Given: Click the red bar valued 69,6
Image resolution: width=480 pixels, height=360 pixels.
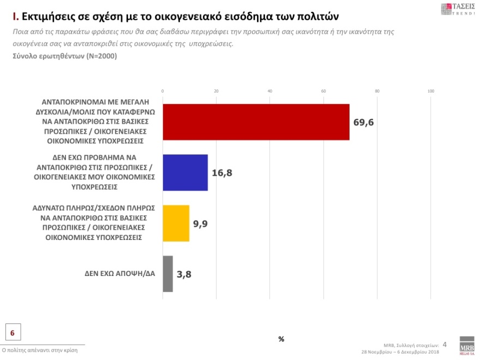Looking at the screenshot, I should [x=256, y=122].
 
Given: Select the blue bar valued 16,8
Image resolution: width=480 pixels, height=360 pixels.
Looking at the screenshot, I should [x=185, y=172].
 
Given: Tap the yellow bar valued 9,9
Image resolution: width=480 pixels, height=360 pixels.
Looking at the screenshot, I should [x=176, y=223].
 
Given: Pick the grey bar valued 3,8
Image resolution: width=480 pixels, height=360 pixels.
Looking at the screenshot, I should [x=168, y=274].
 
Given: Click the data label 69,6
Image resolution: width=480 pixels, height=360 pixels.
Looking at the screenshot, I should [x=363, y=122].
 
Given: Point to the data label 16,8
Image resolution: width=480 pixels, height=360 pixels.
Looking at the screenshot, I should [x=221, y=173].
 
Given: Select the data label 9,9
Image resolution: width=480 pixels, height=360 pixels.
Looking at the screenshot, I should [x=200, y=224].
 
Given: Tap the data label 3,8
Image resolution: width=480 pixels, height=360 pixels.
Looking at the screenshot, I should [x=184, y=274].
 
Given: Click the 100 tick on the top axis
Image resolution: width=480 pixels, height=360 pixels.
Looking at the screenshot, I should [x=430, y=91].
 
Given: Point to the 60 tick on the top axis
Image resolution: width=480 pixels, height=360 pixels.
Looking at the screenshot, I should [x=323, y=91].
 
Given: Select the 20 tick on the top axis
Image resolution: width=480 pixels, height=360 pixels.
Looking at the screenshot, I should [x=216, y=91].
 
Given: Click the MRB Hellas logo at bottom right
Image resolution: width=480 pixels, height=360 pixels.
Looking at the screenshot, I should [x=467, y=345].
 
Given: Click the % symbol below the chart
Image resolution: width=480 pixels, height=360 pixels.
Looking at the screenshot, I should [x=281, y=339].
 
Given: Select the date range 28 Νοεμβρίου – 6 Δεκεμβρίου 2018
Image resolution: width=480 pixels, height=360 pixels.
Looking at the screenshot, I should [x=400, y=352].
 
